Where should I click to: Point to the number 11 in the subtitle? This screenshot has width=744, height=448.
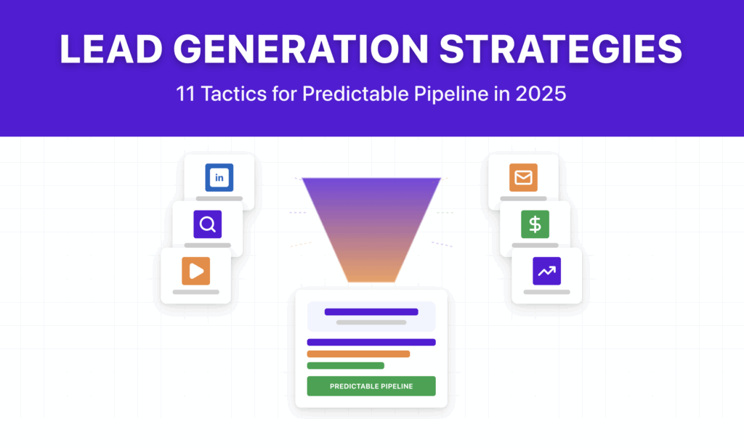point(185,94)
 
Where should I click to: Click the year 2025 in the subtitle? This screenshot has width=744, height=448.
point(539,94)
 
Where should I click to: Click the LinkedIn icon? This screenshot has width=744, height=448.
point(219,177)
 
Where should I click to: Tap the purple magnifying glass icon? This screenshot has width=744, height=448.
point(208,224)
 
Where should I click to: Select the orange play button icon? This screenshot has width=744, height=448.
point(196,271)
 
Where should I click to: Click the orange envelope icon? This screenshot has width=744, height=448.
point(523,177)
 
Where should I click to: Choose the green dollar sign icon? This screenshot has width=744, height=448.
point(535,224)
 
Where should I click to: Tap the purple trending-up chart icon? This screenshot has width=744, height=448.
point(546,271)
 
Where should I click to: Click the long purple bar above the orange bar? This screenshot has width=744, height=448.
point(371,342)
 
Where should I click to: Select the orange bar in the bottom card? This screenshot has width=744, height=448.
point(358,354)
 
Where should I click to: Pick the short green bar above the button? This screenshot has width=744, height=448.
point(345,366)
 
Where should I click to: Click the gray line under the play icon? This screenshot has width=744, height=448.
point(196,292)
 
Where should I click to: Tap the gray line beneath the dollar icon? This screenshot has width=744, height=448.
point(535,245)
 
